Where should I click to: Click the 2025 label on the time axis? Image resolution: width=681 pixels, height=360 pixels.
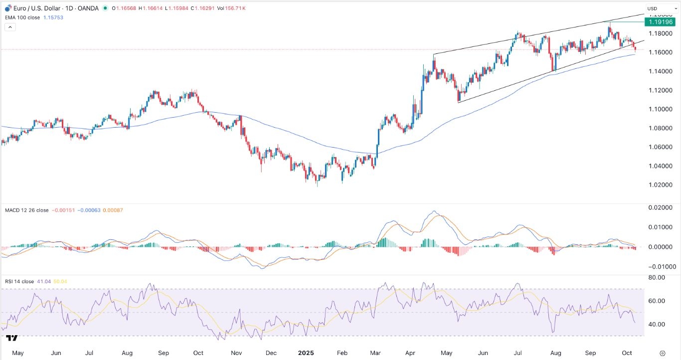pyautogui.click(x=306, y=353)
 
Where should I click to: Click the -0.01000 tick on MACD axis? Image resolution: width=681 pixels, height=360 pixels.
pyautogui.click(x=662, y=267)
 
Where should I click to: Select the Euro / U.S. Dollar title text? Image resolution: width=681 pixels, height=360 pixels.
pyautogui.click(x=34, y=8)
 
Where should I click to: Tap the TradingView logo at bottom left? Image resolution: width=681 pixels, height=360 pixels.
pyautogui.click(x=12, y=338)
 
